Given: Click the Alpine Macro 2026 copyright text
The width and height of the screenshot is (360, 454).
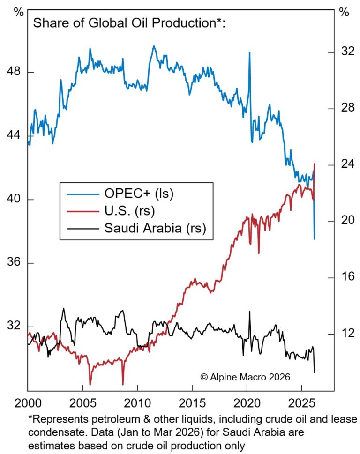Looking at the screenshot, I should coord(245,377).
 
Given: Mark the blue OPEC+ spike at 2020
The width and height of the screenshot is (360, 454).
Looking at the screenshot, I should coord(249,52).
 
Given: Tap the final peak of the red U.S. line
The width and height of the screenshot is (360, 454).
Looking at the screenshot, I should coord(315,164).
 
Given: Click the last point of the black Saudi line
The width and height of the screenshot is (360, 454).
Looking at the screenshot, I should coord(315,372).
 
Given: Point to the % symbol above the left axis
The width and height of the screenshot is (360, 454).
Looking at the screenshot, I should coord(18,13).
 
